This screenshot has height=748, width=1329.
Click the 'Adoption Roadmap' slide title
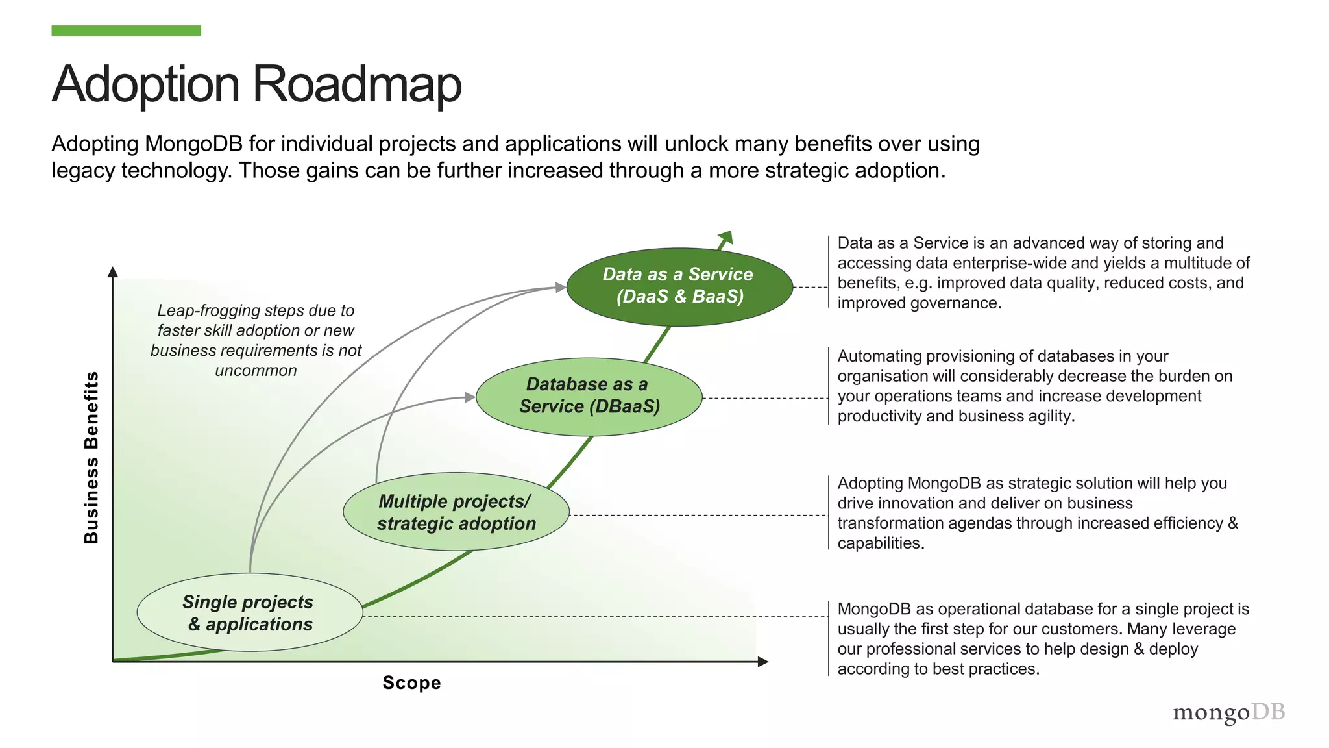(256, 84)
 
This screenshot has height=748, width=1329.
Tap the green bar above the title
(126, 31)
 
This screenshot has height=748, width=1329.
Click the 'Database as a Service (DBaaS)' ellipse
(589, 396)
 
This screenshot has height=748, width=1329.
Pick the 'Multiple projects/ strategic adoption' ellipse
(456, 512)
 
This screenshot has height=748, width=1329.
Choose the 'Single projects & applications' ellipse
(249, 612)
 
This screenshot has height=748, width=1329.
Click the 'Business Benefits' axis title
(91, 457)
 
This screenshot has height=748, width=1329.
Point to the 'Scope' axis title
(411, 683)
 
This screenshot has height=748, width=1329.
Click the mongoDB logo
(1228, 712)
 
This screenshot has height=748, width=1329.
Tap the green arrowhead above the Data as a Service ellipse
(726, 237)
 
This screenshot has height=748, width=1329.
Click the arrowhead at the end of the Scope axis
(763, 662)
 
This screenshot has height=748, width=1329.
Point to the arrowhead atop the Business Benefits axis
(113, 272)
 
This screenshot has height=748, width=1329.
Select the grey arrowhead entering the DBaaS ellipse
(470, 397)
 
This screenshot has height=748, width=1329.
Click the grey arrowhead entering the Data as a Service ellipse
(561, 287)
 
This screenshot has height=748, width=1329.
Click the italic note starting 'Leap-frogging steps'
(256, 340)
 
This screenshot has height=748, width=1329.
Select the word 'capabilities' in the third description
(879, 543)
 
